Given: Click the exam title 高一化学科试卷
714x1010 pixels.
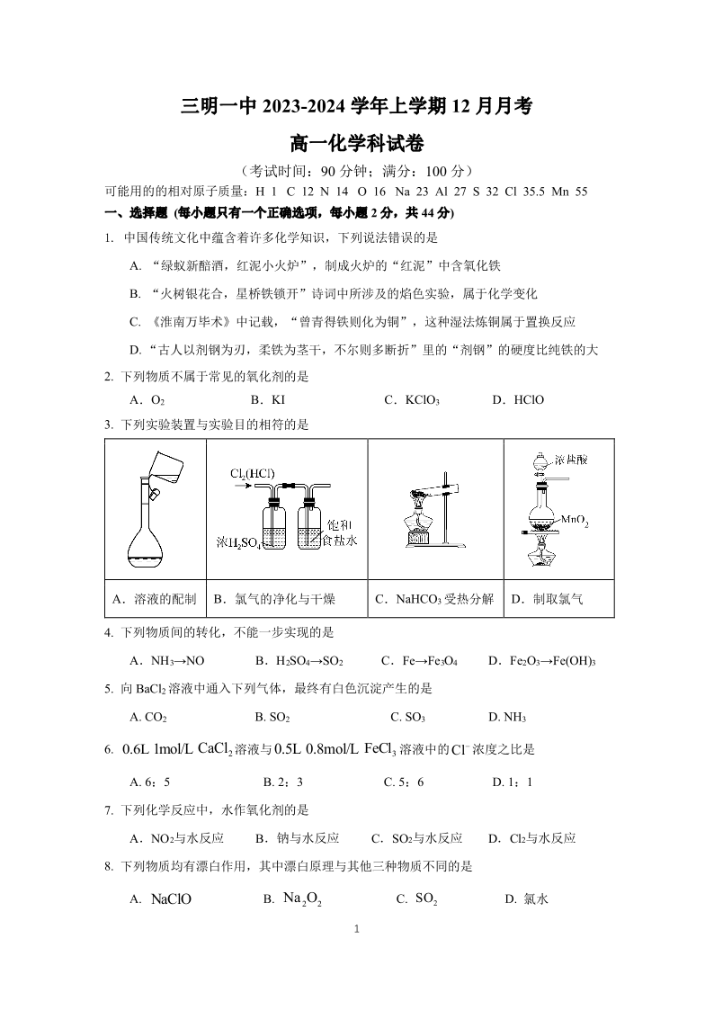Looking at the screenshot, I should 357,142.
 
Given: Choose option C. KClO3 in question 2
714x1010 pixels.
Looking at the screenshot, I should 411,399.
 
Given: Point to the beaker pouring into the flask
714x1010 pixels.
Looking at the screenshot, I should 162,462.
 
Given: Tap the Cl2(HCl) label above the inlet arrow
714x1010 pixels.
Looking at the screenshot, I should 252,474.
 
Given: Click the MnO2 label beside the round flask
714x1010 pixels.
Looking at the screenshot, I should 575,520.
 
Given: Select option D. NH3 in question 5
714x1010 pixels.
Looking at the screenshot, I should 507,717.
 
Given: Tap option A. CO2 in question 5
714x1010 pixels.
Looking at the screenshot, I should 149,717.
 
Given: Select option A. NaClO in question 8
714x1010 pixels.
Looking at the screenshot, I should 161,898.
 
